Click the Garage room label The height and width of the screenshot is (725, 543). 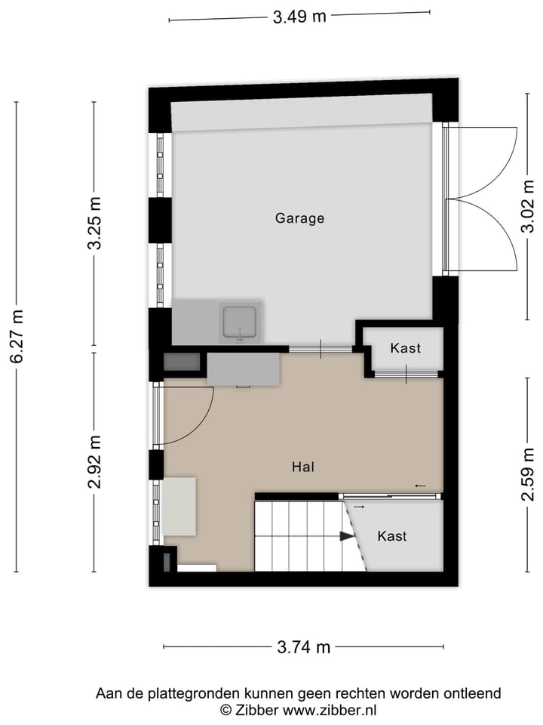[x=299, y=218]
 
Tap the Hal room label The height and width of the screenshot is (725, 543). [x=303, y=467]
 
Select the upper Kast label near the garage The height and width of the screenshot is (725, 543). [x=406, y=348]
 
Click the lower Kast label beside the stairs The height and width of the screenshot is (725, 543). [x=392, y=536]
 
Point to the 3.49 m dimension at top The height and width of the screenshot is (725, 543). [x=299, y=16]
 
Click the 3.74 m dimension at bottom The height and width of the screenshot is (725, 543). [x=303, y=647]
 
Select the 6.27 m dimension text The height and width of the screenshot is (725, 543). [x=17, y=337]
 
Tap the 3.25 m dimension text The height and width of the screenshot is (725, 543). [x=94, y=224]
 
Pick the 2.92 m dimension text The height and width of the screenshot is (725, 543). [x=94, y=461]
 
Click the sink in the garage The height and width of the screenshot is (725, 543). [x=240, y=323]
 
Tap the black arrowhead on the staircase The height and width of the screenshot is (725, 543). [x=346, y=536]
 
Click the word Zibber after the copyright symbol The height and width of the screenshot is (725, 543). [x=257, y=710]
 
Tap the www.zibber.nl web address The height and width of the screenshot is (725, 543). [x=330, y=710]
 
